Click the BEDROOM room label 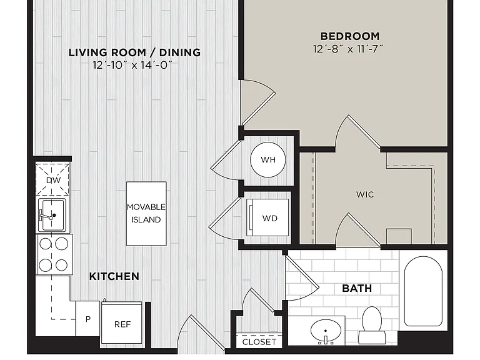[350, 36]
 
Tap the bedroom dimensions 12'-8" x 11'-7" [348, 49]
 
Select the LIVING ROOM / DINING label [134, 52]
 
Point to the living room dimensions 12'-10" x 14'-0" [132, 65]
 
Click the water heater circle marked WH [268, 159]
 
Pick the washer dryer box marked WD [267, 217]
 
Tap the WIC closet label [365, 194]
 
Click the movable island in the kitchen [146, 213]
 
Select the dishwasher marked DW [52, 179]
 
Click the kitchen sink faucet [47, 216]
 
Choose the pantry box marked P [88, 318]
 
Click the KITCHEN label [114, 276]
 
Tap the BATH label [357, 288]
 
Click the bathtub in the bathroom [423, 291]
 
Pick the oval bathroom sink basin [326, 331]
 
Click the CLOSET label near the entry [259, 342]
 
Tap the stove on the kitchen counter [54, 255]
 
